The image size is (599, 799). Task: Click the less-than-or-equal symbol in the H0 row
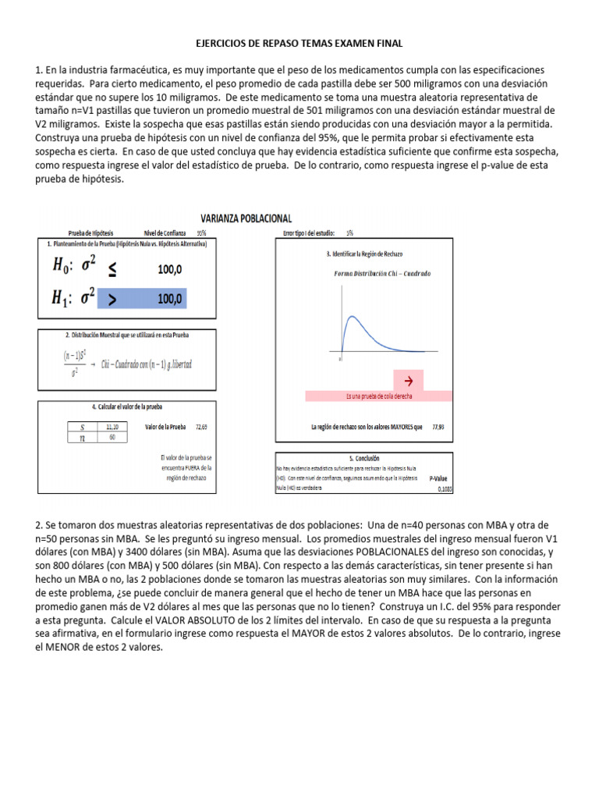pyautogui.click(x=112, y=269)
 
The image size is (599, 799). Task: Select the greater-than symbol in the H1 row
pyautogui.click(x=112, y=299)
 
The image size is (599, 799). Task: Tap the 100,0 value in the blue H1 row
pyautogui.click(x=169, y=299)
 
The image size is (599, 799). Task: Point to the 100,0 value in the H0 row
pyautogui.click(x=169, y=269)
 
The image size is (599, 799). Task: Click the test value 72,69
pyautogui.click(x=201, y=427)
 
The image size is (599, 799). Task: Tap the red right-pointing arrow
pyautogui.click(x=406, y=381)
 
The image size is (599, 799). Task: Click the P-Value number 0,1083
pyautogui.click(x=445, y=489)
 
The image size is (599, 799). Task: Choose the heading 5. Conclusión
pyautogui.click(x=364, y=458)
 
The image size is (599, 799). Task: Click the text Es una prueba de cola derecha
pyautogui.click(x=379, y=396)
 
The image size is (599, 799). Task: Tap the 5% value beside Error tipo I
pyautogui.click(x=349, y=233)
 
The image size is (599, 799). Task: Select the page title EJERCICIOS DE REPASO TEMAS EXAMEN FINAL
pyautogui.click(x=299, y=44)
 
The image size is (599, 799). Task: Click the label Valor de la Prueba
pyautogui.click(x=165, y=427)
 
